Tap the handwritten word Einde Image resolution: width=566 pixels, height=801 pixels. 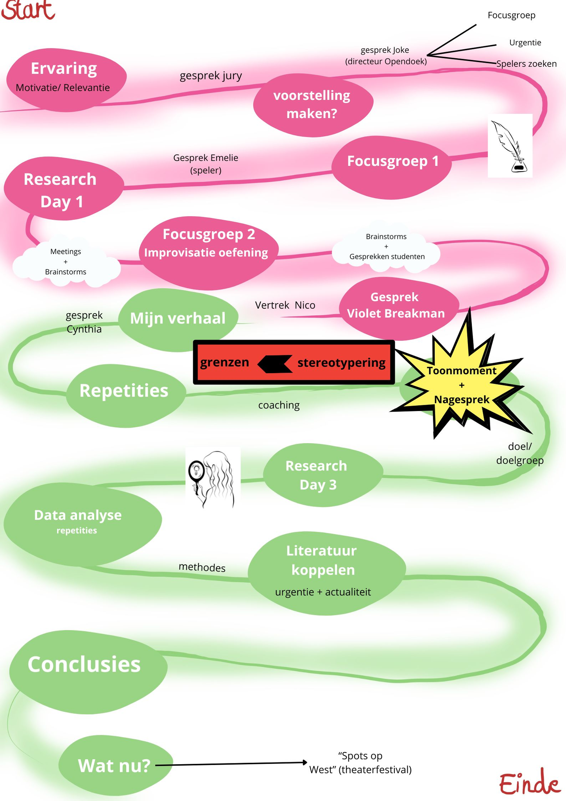[530, 783]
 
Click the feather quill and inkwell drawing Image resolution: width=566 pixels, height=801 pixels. [510, 145]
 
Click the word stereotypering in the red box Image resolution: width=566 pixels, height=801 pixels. [341, 363]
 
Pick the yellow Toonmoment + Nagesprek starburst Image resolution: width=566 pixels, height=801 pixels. [461, 385]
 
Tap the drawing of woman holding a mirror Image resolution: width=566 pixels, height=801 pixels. [213, 478]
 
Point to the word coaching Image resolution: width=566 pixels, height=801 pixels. [279, 405]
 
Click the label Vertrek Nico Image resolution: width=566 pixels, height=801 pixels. [285, 305]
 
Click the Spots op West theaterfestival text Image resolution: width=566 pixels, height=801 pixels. [360, 763]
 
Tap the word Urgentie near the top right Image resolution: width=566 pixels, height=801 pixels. [525, 43]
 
